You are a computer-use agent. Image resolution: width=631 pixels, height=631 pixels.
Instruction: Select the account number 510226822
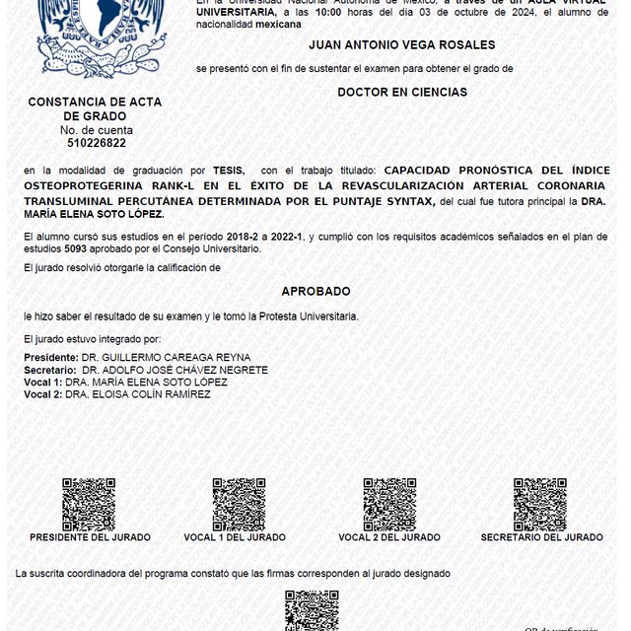pyautogui.click(x=96, y=143)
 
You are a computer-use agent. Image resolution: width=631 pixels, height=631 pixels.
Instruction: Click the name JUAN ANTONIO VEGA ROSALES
pyautogui.click(x=401, y=45)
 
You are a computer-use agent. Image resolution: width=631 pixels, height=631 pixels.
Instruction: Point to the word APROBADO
pyautogui.click(x=315, y=292)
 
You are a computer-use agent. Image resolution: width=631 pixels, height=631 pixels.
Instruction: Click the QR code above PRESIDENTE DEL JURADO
pyautogui.click(x=89, y=504)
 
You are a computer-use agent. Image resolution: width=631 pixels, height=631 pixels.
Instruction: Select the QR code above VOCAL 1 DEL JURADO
pyautogui.click(x=239, y=504)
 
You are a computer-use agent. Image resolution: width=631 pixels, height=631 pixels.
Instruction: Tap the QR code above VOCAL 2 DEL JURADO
pyautogui.click(x=389, y=504)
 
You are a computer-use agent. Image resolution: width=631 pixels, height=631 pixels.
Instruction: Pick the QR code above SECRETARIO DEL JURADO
pyautogui.click(x=539, y=504)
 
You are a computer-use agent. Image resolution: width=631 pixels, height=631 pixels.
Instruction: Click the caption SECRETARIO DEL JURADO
pyautogui.click(x=541, y=537)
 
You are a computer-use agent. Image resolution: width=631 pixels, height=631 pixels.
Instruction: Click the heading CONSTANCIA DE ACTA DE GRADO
pyautogui.click(x=96, y=108)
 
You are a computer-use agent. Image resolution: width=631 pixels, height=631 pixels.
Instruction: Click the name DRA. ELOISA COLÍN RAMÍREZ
pyautogui.click(x=138, y=394)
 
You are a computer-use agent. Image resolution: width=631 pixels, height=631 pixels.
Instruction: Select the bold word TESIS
pyautogui.click(x=227, y=171)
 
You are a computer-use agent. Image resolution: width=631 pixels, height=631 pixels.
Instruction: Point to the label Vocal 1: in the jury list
pyautogui.click(x=43, y=382)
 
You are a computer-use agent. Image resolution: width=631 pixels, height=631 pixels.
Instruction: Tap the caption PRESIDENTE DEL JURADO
pyautogui.click(x=90, y=537)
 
